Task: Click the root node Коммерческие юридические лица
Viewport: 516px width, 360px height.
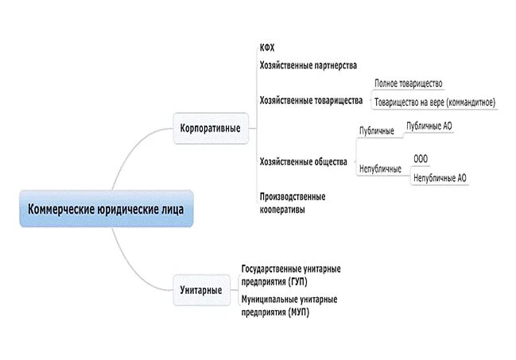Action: (106, 209)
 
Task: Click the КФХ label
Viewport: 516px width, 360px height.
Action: (267, 48)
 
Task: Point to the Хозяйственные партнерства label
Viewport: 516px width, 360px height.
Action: (308, 64)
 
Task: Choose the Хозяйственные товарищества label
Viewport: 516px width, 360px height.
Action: (310, 101)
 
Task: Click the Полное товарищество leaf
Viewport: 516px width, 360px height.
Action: (408, 83)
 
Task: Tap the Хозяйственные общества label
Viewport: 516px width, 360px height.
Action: (303, 161)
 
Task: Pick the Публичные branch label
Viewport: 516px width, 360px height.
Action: (376, 130)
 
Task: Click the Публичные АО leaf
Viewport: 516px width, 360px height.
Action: (429, 126)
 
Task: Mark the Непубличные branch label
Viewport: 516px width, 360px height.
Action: (380, 168)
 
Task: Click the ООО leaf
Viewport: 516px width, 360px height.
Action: (420, 158)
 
